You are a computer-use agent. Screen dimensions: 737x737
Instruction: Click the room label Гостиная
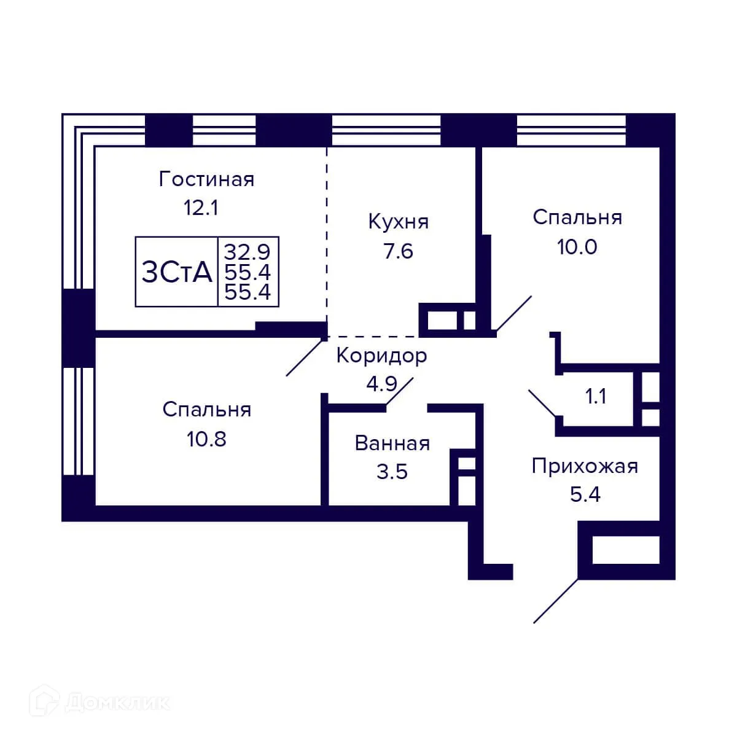pyautogui.click(x=206, y=179)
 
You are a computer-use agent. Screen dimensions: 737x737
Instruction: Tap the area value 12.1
pyautogui.click(x=201, y=208)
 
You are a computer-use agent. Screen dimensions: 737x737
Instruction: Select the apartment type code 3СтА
pyautogui.click(x=177, y=272)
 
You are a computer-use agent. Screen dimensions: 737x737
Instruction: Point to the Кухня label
pyautogui.click(x=398, y=222)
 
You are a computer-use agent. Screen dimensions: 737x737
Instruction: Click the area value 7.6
pyautogui.click(x=398, y=251)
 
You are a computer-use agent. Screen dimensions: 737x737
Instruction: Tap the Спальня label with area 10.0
pyautogui.click(x=577, y=217)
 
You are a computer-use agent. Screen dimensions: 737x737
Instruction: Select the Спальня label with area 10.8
pyautogui.click(x=206, y=410)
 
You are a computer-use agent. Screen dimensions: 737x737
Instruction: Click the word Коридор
pyautogui.click(x=381, y=356)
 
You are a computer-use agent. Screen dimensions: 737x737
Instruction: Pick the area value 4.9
pyautogui.click(x=381, y=384)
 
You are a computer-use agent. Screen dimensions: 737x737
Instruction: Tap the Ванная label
pyautogui.click(x=392, y=443)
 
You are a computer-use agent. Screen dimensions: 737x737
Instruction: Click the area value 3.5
pyautogui.click(x=392, y=472)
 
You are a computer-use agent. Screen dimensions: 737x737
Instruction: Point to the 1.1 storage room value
pyautogui.click(x=595, y=397)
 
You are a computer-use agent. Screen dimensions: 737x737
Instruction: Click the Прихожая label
pyautogui.click(x=584, y=466)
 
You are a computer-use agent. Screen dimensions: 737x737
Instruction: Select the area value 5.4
pyautogui.click(x=584, y=494)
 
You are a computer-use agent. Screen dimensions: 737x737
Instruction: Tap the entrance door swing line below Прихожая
pyautogui.click(x=556, y=601)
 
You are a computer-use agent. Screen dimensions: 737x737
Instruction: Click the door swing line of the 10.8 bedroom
pyautogui.click(x=306, y=357)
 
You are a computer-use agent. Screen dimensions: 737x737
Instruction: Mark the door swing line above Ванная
pyautogui.click(x=400, y=392)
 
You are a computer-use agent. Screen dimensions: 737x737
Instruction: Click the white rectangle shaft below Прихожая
pyautogui.click(x=625, y=550)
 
